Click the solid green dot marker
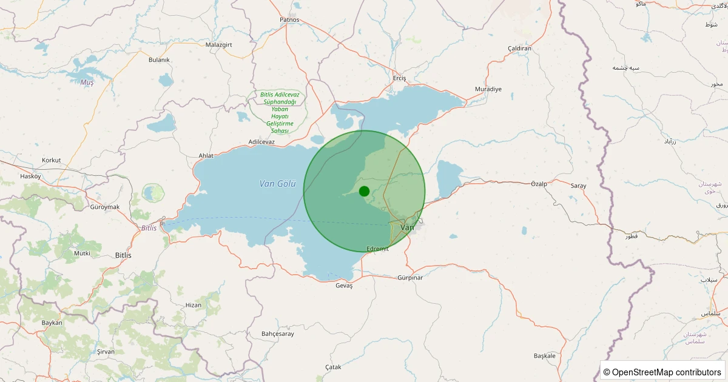tap(364, 192)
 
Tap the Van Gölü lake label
tap(277, 184)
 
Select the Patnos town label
tap(289, 19)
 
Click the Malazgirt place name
tap(219, 45)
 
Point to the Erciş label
tap(399, 78)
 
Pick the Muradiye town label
tap(488, 89)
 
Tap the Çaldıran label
tap(519, 48)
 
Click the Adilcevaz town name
tap(261, 142)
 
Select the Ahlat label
tap(206, 156)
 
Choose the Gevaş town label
tap(343, 286)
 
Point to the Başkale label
tap(544, 355)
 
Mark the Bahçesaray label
tap(277, 333)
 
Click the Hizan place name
tap(194, 305)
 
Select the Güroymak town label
tap(105, 207)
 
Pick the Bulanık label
tap(159, 59)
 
